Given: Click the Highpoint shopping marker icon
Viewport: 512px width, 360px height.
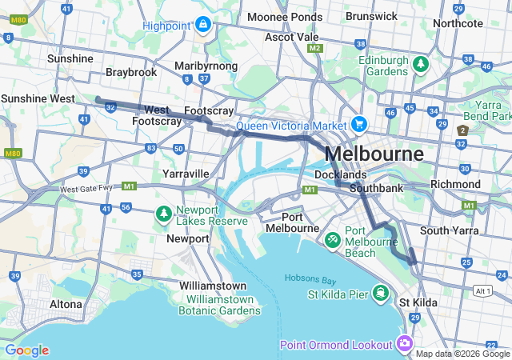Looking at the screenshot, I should [x=203, y=25].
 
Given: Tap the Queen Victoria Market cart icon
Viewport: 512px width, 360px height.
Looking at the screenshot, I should [x=358, y=125].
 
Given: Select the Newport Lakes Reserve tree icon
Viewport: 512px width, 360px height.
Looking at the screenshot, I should [x=164, y=214].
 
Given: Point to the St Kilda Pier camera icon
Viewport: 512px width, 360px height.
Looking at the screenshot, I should [x=381, y=294].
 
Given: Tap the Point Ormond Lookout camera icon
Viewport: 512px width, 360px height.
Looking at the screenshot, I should [x=405, y=344].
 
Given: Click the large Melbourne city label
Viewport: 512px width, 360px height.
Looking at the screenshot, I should [x=374, y=154].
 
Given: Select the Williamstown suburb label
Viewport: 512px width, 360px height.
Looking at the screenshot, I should [x=213, y=286].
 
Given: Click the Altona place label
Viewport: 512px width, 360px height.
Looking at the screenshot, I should [x=66, y=304].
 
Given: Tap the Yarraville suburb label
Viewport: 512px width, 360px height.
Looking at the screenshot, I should [x=185, y=174].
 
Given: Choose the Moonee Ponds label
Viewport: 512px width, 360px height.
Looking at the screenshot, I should [x=284, y=17].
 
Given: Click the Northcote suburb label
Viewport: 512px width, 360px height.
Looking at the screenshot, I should [x=458, y=23].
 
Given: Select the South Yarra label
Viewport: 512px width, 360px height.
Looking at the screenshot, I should [x=449, y=230].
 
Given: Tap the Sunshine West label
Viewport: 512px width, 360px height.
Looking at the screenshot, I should [x=38, y=98].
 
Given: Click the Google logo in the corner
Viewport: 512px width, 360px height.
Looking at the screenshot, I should [x=26, y=350].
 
